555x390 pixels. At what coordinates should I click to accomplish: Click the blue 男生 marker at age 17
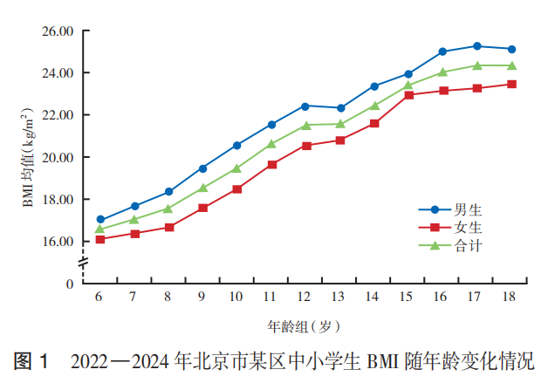point(477,46)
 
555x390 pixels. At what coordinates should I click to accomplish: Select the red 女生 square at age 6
point(100,239)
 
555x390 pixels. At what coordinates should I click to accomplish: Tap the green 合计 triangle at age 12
point(306,126)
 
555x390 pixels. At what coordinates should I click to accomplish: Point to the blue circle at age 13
point(340,108)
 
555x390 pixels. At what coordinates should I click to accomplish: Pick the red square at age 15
point(408,95)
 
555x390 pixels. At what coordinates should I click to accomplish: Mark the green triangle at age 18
point(512,65)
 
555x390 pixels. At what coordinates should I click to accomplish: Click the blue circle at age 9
point(202,168)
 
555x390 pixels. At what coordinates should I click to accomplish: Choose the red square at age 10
point(237,189)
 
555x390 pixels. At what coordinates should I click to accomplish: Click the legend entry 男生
point(450,210)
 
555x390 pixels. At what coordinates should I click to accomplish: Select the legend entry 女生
point(450,227)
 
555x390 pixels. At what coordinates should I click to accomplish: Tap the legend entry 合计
point(450,245)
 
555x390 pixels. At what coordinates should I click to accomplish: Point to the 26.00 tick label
point(58,31)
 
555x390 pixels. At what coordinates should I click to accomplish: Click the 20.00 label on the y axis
point(58,158)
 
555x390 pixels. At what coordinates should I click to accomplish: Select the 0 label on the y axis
point(70,284)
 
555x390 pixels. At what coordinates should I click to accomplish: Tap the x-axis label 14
point(372,297)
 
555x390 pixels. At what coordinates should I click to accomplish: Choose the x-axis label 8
point(168,297)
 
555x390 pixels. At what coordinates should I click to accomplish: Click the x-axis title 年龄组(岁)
point(304,326)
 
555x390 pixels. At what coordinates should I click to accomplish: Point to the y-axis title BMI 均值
point(27,157)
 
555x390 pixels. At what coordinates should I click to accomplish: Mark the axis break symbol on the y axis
point(84,263)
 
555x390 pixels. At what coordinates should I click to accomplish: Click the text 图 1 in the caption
point(31,361)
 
